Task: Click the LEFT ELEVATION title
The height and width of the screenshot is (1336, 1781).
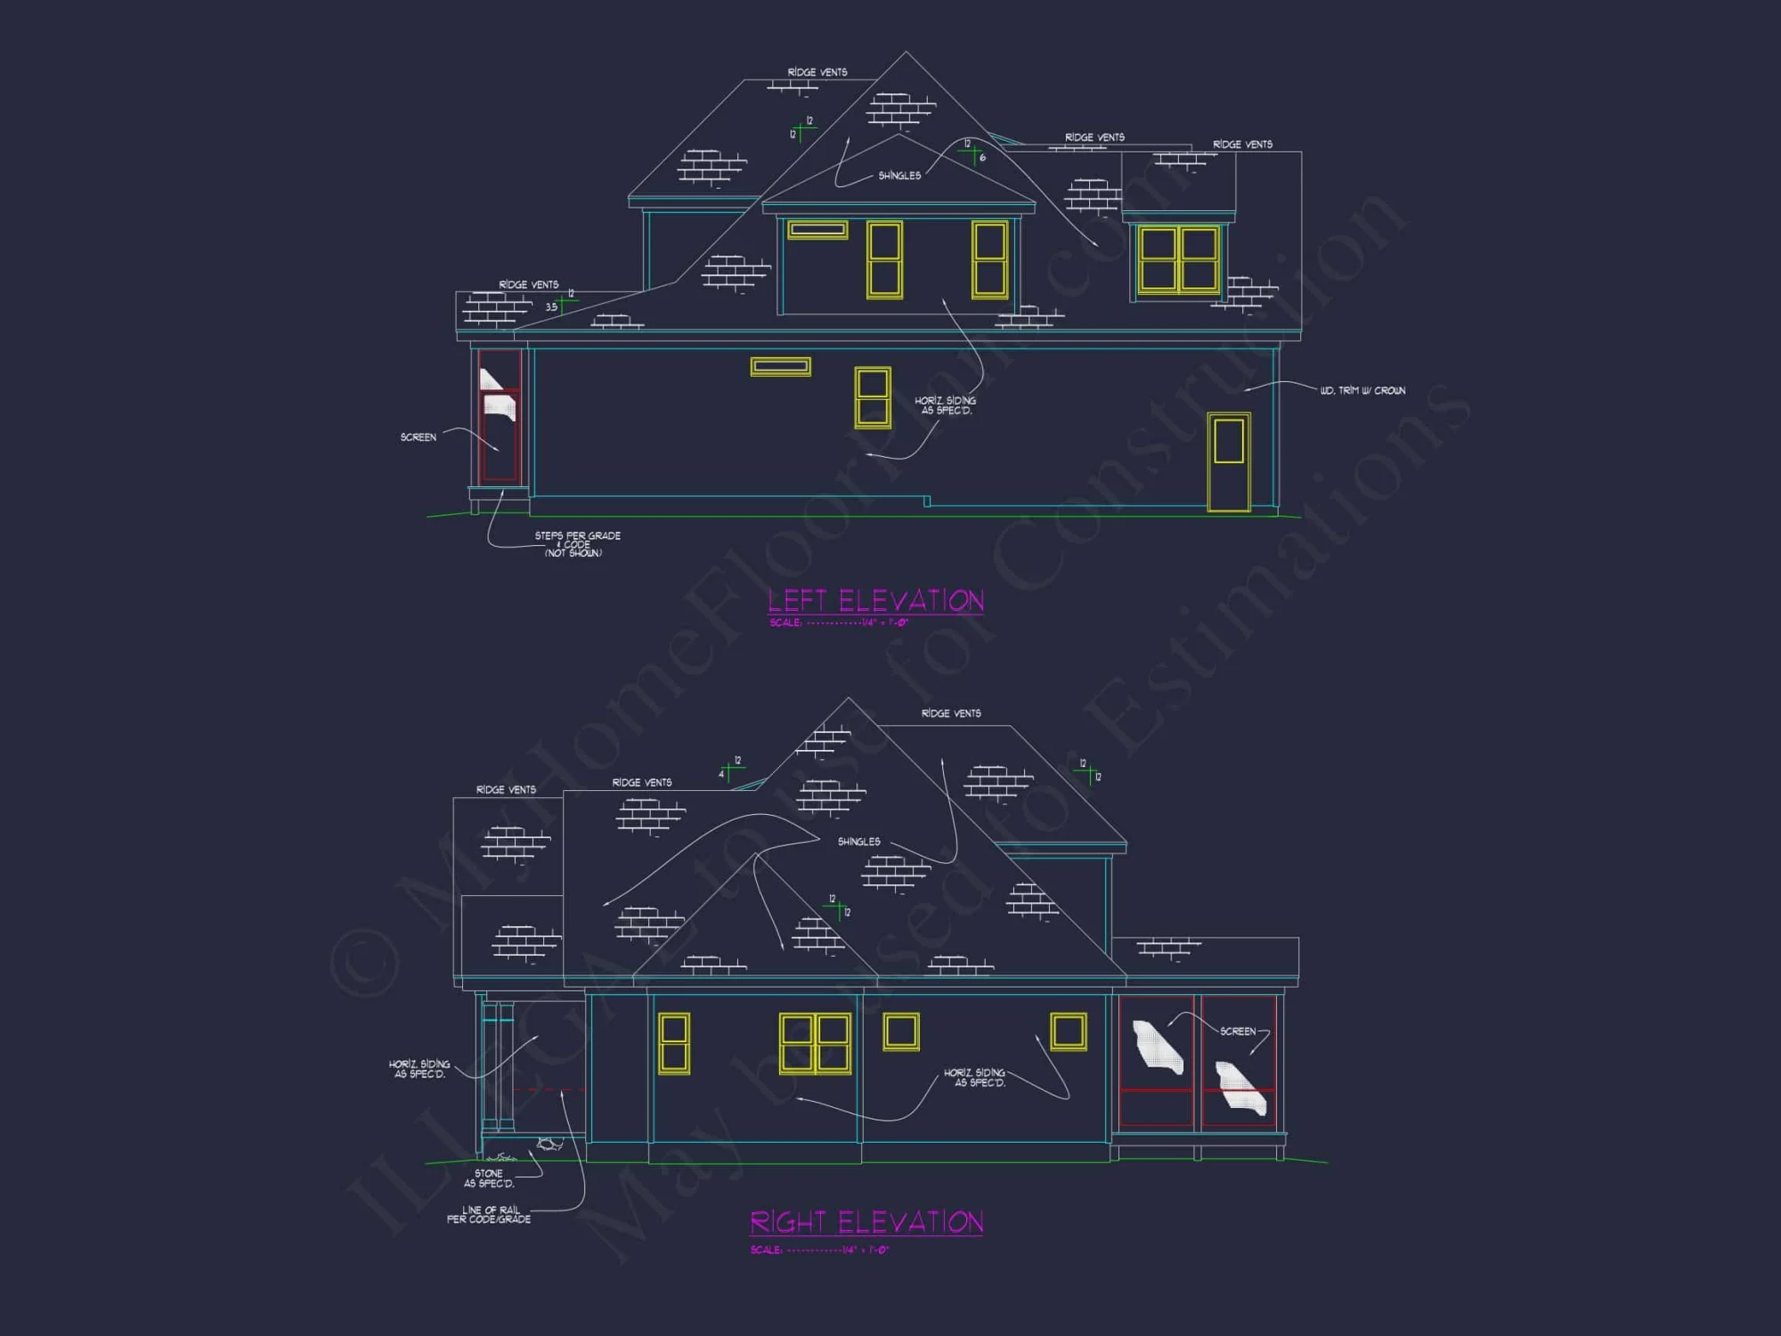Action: point(875,601)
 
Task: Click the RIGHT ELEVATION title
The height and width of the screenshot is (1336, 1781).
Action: point(866,1222)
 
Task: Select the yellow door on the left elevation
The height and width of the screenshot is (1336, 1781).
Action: point(1229,461)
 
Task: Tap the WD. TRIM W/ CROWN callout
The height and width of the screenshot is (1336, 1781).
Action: point(1362,391)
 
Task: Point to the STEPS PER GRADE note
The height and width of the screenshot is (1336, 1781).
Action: point(576,544)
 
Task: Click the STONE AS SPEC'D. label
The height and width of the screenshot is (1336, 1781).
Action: point(489,1178)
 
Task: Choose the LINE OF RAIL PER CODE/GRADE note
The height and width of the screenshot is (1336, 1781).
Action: point(489,1215)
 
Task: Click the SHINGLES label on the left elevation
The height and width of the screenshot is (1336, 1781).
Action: point(899,175)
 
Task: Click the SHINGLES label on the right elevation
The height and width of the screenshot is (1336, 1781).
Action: point(858,842)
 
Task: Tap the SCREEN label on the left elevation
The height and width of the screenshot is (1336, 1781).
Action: point(418,437)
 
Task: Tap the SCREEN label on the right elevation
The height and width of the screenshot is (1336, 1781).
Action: point(1237,1031)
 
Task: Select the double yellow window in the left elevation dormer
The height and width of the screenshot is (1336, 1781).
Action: point(1178,259)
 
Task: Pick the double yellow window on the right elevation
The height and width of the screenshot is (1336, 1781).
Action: point(815,1043)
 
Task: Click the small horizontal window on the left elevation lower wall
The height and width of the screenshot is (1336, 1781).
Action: point(780,366)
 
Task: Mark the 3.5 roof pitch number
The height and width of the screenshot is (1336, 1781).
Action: point(551,307)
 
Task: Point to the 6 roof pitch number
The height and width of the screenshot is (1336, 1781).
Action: point(982,159)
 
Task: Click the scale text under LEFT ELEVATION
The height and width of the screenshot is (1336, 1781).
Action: point(839,623)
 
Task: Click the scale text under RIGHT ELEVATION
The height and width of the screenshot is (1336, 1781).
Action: point(819,1250)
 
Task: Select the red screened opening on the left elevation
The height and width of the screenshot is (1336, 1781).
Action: point(500,416)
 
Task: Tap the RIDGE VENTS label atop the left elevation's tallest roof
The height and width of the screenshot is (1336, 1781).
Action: point(817,72)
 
